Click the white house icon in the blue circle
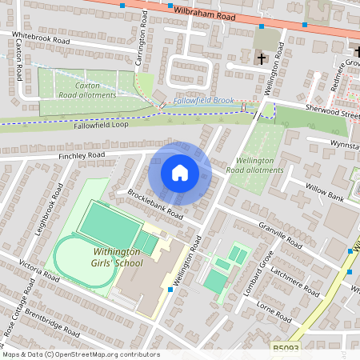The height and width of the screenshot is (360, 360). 180,173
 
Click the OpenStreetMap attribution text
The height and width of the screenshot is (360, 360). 80,354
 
